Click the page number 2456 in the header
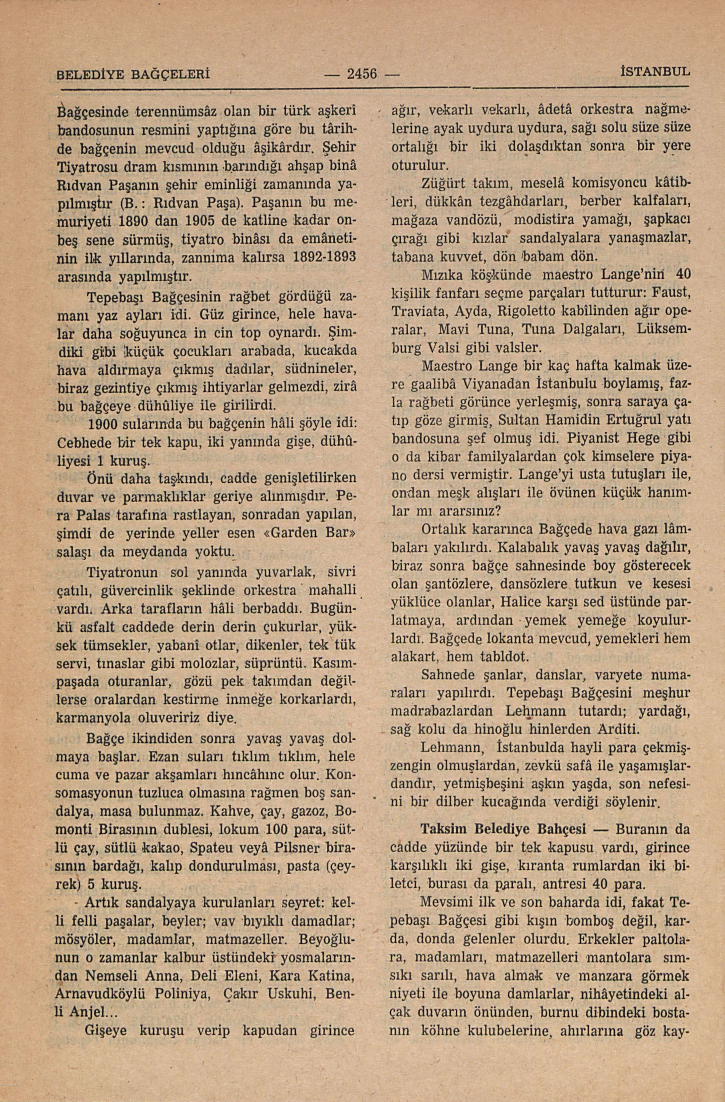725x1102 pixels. point(362,74)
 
